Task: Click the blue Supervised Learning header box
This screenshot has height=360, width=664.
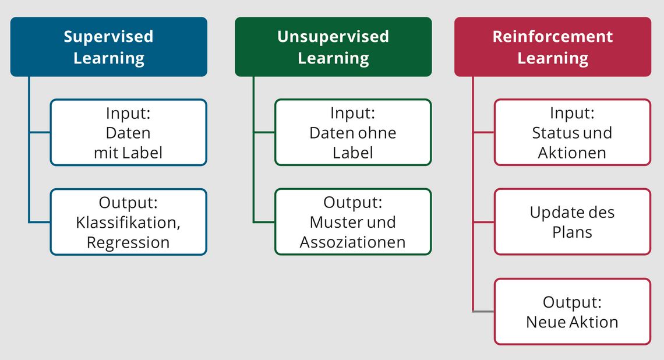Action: coord(109,47)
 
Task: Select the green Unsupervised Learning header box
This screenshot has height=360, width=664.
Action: coord(333,47)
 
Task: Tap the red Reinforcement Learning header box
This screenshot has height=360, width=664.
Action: coord(553,47)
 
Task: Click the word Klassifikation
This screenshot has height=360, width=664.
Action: coord(127,223)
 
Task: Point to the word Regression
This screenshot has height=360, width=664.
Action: coord(128,243)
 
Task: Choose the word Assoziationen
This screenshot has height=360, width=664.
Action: coord(353,242)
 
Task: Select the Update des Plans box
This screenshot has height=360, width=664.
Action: coord(573,222)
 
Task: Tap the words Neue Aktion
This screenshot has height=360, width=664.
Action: coord(572,322)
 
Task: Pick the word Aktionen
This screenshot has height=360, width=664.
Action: coord(572,153)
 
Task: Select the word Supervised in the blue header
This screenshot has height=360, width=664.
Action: coord(109,37)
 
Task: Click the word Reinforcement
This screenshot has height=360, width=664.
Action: coord(553,37)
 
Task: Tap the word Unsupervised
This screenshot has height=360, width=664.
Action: coord(333,37)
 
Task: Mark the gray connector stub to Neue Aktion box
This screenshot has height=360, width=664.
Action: coord(483,312)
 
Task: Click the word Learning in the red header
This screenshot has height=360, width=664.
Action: coord(553,58)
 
